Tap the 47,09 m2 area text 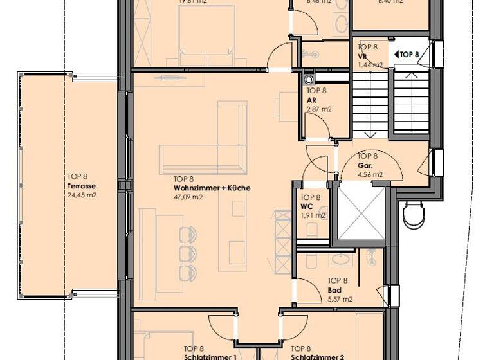188,197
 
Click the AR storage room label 311,101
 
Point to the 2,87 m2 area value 318,110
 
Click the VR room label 362,56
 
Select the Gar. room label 365,165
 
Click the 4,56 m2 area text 370,174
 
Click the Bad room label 334,289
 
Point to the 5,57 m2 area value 340,298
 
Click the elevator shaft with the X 361,213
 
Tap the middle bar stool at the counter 188,251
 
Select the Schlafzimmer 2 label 318,357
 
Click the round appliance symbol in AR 309,79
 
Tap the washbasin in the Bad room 339,261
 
